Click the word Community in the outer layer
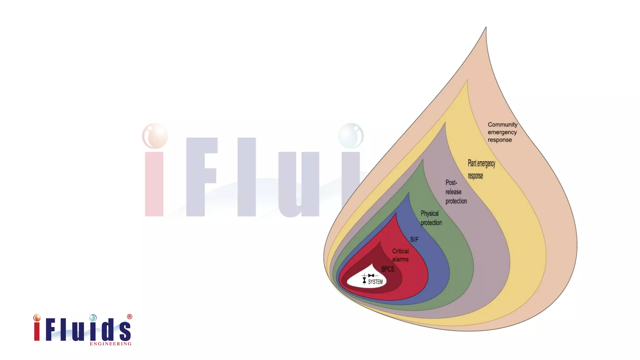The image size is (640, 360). pos(502,124)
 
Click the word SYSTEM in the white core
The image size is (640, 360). pos(375,282)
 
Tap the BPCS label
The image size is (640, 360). pos(388,269)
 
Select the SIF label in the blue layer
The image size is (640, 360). pos(414,239)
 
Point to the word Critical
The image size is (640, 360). pos(400,251)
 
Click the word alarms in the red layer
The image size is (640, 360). pos(400,259)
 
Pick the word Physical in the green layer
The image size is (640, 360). pos(429,213)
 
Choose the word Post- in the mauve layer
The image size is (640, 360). pos(451,182)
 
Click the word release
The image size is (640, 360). pos(453,192)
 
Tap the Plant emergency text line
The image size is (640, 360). pos(481,163)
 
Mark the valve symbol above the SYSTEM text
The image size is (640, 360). pos(371,275)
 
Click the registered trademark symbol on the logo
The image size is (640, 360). pos(130,317)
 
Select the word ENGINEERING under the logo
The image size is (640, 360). pos(110,344)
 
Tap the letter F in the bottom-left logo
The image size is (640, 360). pos(51,330)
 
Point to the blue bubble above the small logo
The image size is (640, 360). pos(93,318)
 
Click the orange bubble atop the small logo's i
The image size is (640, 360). pos(37,318)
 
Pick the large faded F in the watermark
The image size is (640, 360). pos(201,177)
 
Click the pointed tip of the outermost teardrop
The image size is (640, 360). pos(486,27)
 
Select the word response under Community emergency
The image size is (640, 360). pos(500,140)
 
